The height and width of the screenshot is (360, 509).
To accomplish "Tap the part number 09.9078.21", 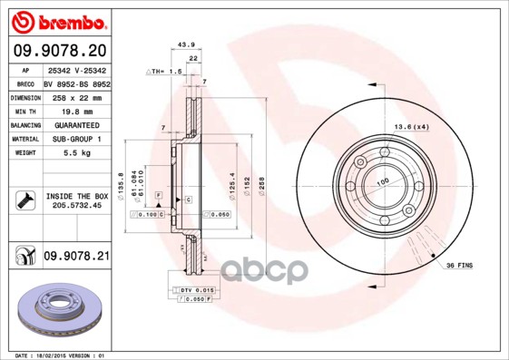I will (x=76, y=258).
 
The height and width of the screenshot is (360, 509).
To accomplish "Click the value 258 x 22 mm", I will (x=76, y=96).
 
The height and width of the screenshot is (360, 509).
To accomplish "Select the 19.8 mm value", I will (x=76, y=110).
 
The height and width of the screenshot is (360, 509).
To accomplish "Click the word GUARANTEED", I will (x=76, y=124).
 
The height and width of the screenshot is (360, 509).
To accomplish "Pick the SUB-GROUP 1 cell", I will (x=76, y=139).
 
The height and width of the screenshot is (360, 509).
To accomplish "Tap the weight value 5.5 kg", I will (x=76, y=153).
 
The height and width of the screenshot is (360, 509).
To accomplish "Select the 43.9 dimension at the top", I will (x=187, y=44).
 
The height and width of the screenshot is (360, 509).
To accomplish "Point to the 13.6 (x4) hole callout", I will (x=410, y=127).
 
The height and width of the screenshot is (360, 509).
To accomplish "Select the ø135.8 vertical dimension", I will (x=121, y=185).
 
